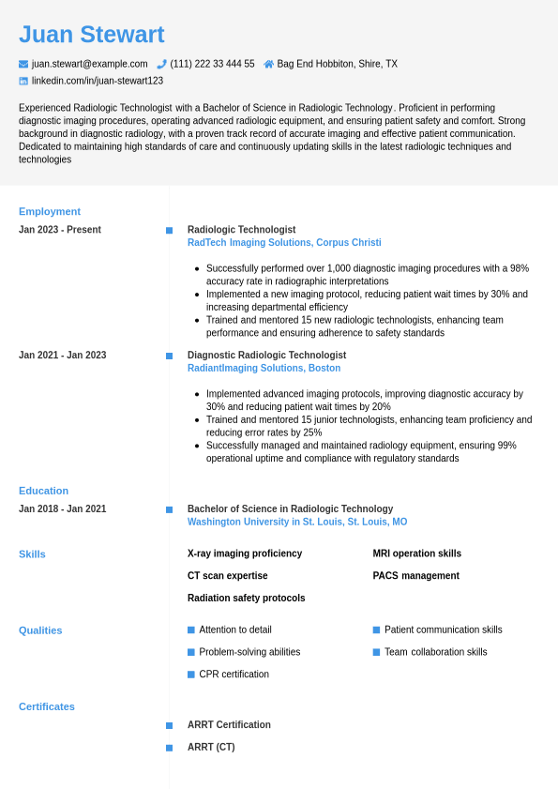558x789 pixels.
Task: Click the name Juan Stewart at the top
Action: [92, 35]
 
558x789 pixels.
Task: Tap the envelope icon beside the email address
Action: [23, 64]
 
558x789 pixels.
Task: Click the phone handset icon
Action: [161, 64]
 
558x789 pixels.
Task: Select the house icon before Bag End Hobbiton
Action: [269, 64]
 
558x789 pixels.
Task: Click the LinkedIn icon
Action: [23, 81]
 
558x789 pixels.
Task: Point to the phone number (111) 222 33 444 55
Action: [212, 64]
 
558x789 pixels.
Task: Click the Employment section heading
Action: [50, 211]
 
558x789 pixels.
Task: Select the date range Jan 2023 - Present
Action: [60, 230]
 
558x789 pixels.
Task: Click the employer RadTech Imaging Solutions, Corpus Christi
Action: [284, 243]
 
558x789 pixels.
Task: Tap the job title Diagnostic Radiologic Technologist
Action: [266, 356]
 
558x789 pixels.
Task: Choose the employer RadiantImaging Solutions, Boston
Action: [264, 369]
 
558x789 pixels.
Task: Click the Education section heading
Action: [43, 491]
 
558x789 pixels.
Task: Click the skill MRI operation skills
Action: [416, 554]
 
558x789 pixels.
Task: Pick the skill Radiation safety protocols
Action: [246, 598]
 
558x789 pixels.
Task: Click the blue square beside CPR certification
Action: [191, 675]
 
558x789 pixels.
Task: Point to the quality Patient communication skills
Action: [443, 630]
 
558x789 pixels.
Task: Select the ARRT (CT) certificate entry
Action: [211, 747]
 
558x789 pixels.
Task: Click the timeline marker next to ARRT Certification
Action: [169, 725]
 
